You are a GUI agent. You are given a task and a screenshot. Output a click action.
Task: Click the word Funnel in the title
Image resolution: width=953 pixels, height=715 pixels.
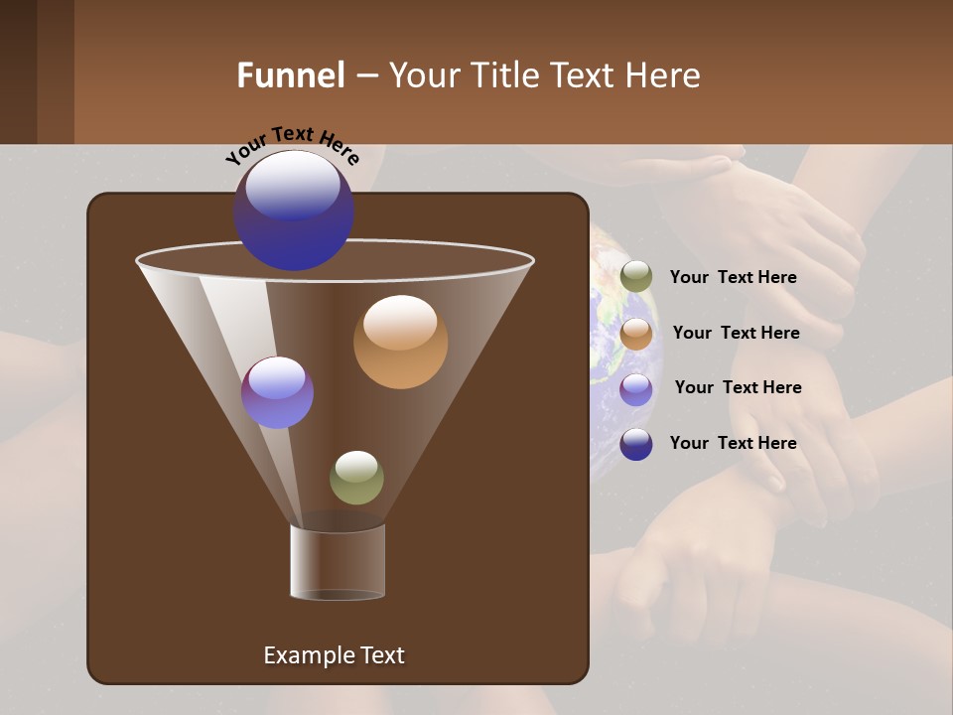pos(290,75)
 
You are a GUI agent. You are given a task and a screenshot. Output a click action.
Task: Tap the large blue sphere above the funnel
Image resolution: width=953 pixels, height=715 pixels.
pos(293,210)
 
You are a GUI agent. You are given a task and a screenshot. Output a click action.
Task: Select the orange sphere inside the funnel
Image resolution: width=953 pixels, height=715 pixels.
pos(400,342)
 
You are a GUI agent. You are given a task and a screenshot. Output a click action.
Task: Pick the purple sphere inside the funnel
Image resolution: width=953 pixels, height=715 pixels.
pos(277,392)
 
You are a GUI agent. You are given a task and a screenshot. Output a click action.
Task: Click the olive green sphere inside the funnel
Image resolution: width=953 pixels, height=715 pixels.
pos(356,477)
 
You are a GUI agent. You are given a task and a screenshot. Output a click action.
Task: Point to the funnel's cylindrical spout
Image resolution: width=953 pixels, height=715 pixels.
pos(338,562)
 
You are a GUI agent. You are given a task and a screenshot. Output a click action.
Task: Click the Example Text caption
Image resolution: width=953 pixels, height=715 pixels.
pos(334,655)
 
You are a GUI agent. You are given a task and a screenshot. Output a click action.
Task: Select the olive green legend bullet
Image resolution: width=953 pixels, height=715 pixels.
pos(636,277)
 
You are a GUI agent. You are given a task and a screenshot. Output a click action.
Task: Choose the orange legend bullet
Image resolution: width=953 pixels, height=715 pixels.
pos(636,334)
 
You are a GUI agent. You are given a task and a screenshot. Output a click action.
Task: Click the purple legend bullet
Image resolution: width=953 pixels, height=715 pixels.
pos(636,389)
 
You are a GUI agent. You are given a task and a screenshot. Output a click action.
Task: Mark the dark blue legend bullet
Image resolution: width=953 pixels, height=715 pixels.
pos(636,444)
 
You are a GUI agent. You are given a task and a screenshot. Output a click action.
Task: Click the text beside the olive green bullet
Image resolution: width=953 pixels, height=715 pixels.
pos(733,278)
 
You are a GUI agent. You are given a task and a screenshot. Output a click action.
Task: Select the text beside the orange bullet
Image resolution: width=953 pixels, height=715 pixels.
pos(736,333)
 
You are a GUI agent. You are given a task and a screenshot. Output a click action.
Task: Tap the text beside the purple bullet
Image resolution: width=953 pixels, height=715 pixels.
pos(738,387)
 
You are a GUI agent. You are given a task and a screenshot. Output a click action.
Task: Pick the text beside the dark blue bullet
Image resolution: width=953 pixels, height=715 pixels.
pos(733,443)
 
